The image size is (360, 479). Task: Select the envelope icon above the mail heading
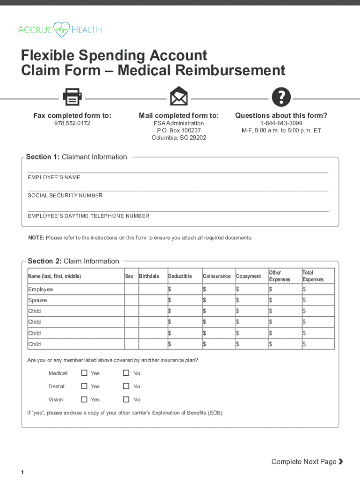point(179,97)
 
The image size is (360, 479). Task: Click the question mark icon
point(281,97)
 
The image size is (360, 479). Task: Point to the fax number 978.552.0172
point(72,123)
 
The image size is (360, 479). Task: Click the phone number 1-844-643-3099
point(281,123)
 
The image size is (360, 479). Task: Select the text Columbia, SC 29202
point(179,138)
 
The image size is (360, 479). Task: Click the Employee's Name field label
point(54,178)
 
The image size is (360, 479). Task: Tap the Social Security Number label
point(65,196)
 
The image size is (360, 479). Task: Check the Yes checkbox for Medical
point(85,373)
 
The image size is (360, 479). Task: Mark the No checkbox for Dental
point(126,386)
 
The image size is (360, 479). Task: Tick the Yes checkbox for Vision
point(85,399)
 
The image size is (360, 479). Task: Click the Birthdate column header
point(149,276)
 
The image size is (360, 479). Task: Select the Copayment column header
point(248,276)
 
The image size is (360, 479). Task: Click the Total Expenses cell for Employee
point(318,290)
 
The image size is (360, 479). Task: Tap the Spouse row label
point(37,300)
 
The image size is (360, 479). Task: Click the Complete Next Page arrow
point(341,462)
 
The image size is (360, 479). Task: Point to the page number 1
point(22,472)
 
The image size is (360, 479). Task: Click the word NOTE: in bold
point(36,238)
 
